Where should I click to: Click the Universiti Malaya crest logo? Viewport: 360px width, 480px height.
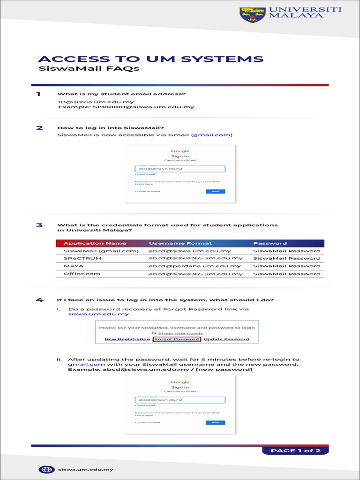pos(253,15)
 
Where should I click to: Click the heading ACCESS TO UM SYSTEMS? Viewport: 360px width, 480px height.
pos(150,59)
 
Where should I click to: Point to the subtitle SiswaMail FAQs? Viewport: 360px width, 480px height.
pos(89,69)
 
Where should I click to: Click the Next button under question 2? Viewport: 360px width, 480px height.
pos(215,191)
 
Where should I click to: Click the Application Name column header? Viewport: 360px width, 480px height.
pos(95,243)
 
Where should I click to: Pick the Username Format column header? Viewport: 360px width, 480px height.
pos(180,243)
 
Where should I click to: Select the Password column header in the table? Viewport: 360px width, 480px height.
pos(270,243)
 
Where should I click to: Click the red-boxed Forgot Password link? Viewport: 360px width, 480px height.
pos(177,339)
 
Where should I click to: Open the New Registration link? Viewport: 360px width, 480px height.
pos(127,339)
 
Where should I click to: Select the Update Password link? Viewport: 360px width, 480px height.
pos(226,339)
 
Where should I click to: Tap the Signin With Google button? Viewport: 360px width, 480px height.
pos(177,333)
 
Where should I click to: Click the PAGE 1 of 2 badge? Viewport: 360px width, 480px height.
pos(295,450)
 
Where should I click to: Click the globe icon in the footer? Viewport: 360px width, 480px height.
pos(45,469)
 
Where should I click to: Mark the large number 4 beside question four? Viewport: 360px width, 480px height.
pos(40,300)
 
